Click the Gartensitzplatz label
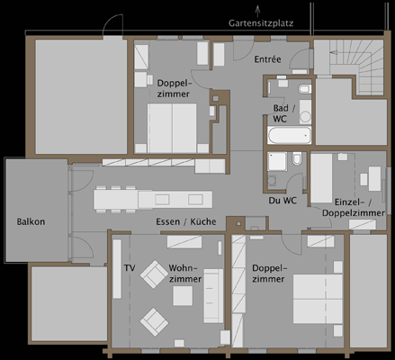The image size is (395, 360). tap(261, 23)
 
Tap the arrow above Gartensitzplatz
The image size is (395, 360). tap(257, 12)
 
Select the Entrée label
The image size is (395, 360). tap(267, 59)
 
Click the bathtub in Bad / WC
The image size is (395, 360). tap(289, 135)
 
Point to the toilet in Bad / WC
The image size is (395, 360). tap(304, 89)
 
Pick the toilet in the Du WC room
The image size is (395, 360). tap(297, 158)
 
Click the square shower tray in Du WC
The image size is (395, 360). tap(277, 161)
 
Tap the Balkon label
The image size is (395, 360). tap(31, 221)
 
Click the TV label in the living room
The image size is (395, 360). tap(130, 268)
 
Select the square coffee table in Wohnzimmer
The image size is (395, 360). tap(183, 296)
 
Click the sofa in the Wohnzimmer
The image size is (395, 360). tap(213, 296)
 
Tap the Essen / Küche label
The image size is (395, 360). tap(186, 221)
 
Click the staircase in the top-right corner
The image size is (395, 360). tap(356, 65)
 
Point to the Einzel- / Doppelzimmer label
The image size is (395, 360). tap(354, 208)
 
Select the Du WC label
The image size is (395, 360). tap(283, 201)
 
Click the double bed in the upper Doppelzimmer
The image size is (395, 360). tap(172, 128)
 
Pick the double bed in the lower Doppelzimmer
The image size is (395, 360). tap(318, 299)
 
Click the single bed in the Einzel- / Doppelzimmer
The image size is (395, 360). tap(321, 178)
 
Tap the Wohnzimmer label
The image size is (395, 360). tap(184, 274)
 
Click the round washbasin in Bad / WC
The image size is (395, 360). tap(305, 117)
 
